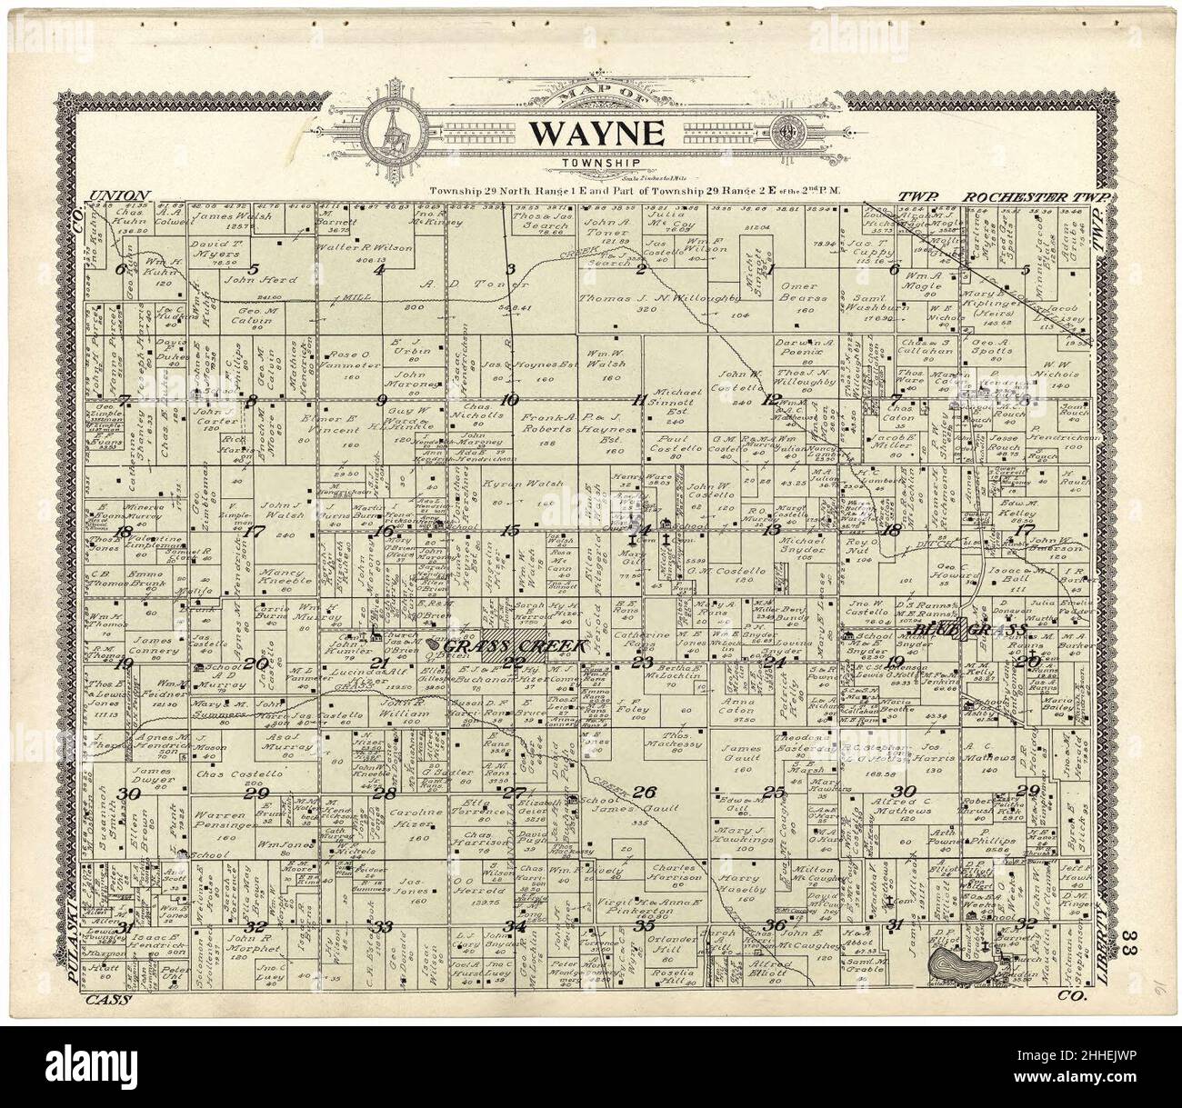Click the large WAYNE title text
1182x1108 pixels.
[x=596, y=133]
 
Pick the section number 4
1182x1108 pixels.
[x=379, y=269]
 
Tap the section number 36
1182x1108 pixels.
[x=775, y=925]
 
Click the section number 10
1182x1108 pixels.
[x=509, y=399]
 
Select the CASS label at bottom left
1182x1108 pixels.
[x=108, y=1000]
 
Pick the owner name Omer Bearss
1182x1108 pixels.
[x=804, y=291]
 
